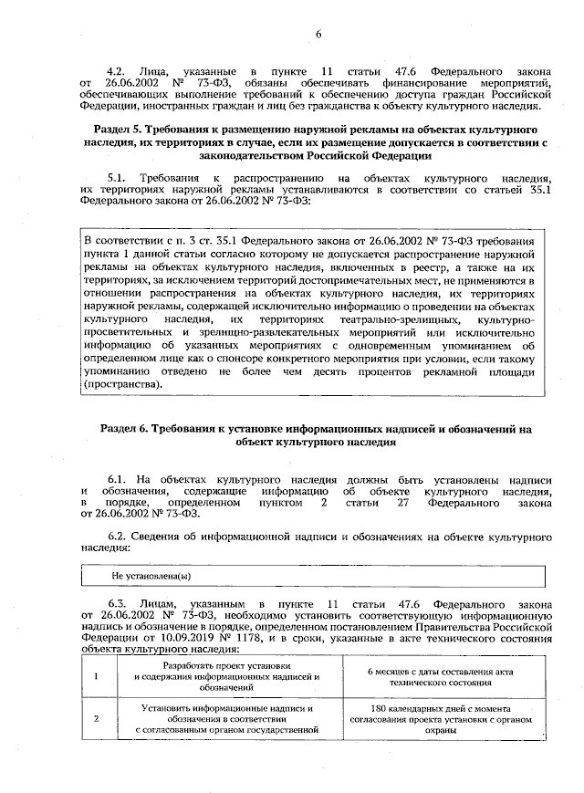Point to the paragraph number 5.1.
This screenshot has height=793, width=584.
pos(117,176)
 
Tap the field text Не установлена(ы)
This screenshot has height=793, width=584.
pos(151,577)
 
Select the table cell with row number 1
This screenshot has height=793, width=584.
pos(97,677)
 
